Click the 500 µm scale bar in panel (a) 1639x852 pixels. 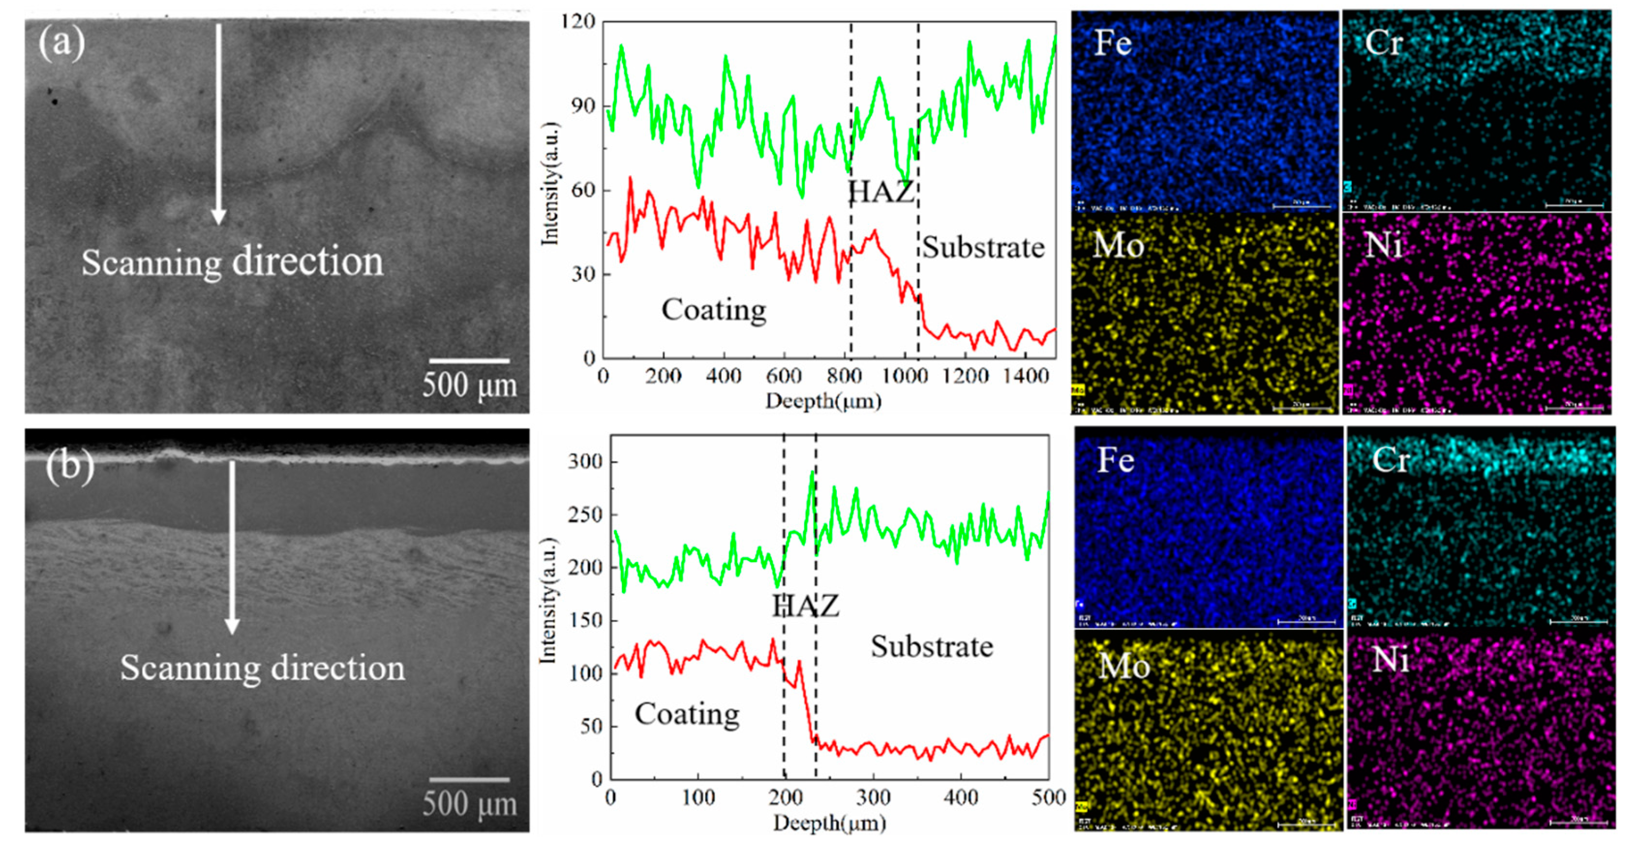[469, 361]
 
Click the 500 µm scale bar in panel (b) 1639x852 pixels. [469, 779]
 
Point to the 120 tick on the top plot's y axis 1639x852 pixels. [578, 22]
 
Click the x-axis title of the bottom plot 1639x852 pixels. [829, 823]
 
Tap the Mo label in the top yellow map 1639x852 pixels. [1118, 245]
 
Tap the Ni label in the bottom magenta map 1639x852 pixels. [1390, 660]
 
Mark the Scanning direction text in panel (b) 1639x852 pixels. [262, 668]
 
